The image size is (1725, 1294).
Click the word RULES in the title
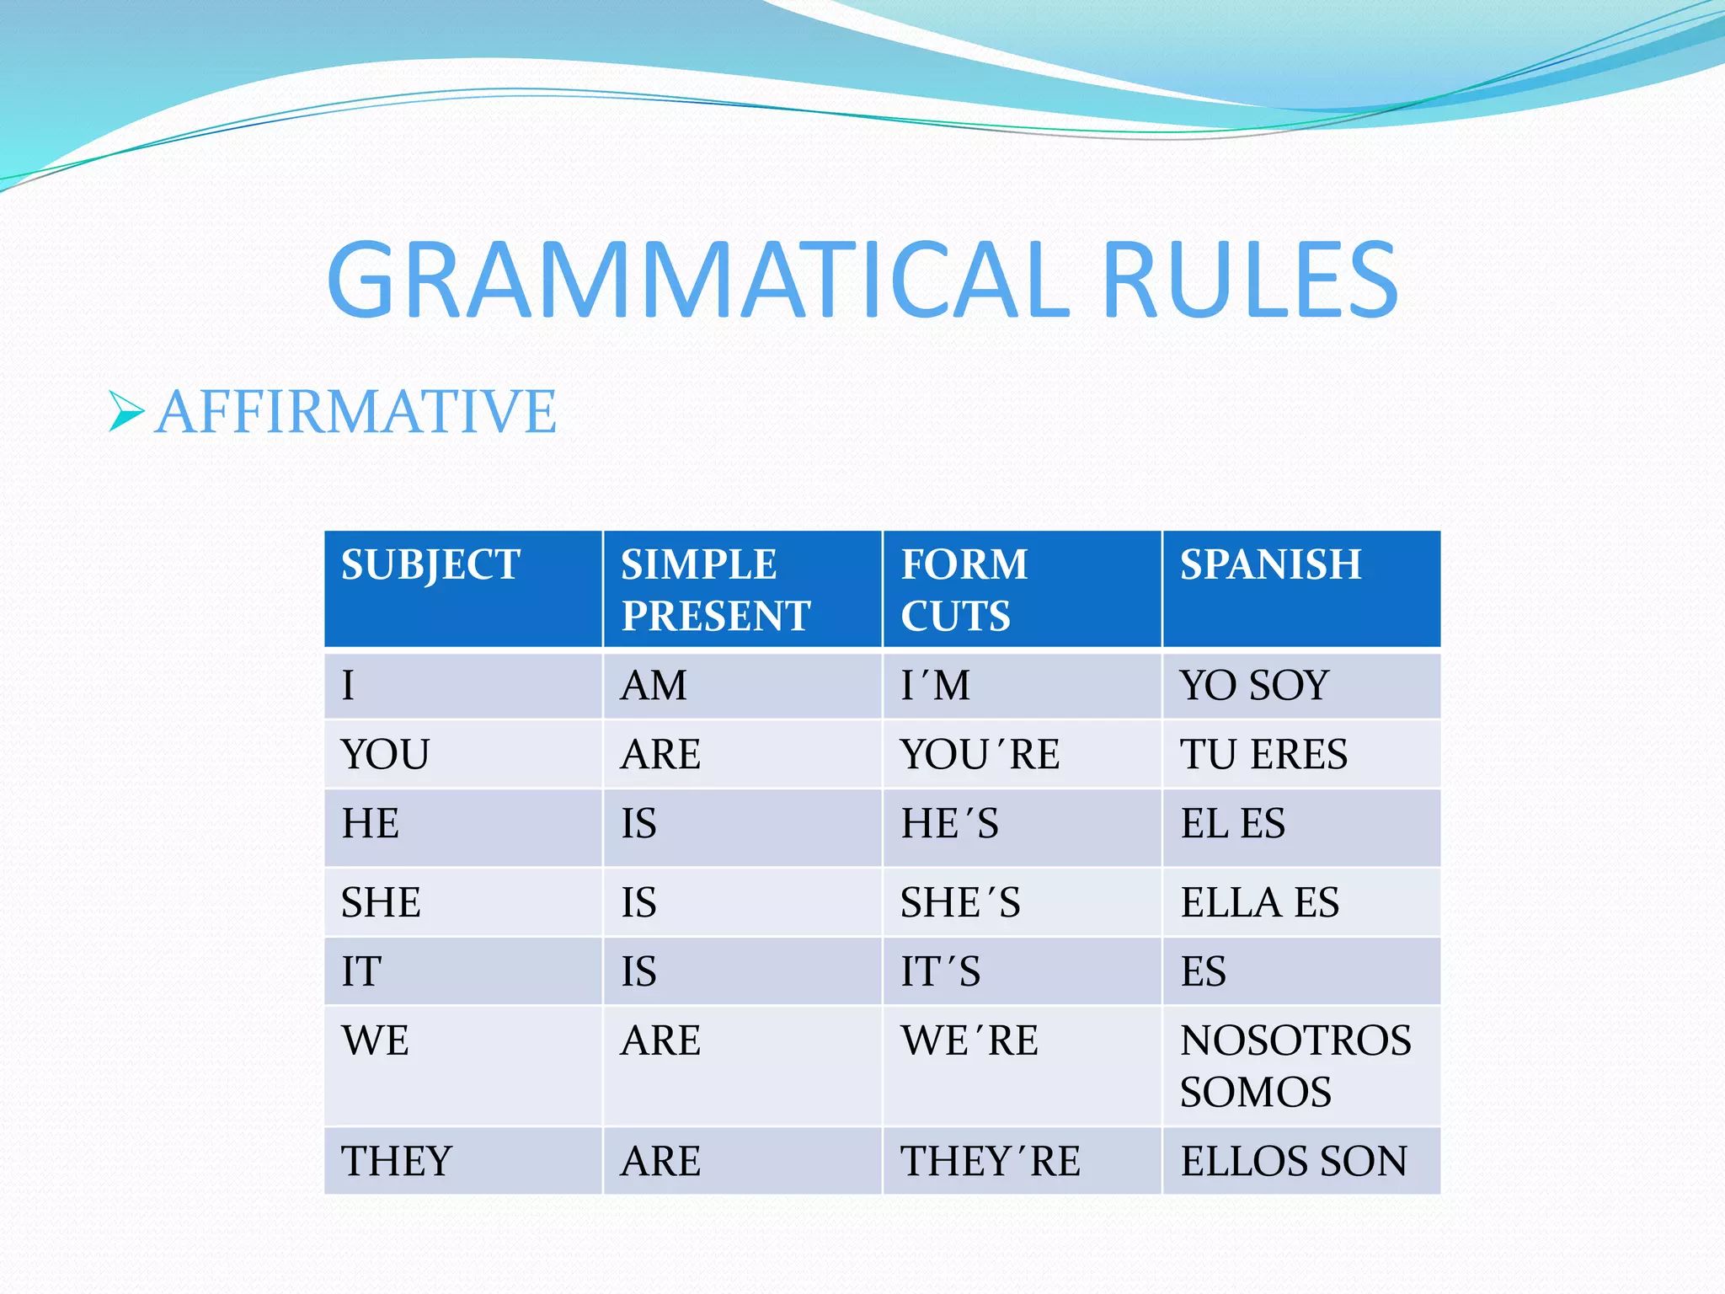point(1249,280)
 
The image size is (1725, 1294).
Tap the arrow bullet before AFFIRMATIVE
point(126,412)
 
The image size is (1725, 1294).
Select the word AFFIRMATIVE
point(355,412)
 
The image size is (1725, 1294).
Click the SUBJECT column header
point(430,565)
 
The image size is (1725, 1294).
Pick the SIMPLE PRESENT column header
point(715,590)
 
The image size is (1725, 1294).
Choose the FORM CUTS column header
point(964,590)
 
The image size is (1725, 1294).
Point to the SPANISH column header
point(1270,564)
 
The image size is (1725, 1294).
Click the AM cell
point(654,685)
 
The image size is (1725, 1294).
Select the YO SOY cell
point(1254,685)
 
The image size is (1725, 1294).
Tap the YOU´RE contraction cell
point(980,754)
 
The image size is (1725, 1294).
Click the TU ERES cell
point(1263,754)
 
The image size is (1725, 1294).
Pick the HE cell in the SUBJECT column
point(371,823)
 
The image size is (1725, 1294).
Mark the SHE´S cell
point(960,902)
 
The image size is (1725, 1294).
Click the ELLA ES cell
point(1259,902)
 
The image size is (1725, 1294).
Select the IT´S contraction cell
point(941,971)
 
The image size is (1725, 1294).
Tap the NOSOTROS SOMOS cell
point(1295,1066)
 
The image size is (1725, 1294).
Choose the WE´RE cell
point(969,1040)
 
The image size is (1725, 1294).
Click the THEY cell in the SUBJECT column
point(397,1161)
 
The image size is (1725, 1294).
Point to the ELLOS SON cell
point(1294,1161)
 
